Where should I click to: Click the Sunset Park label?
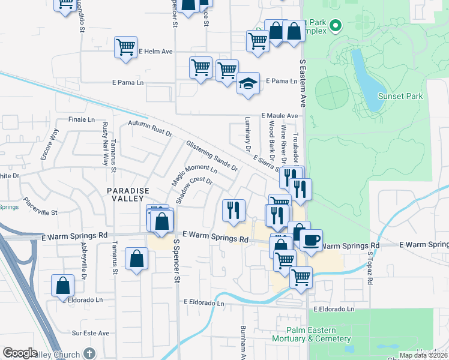[400, 96]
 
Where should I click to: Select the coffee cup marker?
[311, 240]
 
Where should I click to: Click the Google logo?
[20, 353]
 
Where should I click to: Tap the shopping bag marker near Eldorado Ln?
[63, 286]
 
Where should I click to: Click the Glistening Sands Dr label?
[212, 155]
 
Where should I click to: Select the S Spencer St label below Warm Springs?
[176, 262]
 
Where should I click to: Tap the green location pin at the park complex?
[336, 26]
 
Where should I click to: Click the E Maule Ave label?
[279, 116]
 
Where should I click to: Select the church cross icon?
[89, 353]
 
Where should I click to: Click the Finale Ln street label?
[82, 119]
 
